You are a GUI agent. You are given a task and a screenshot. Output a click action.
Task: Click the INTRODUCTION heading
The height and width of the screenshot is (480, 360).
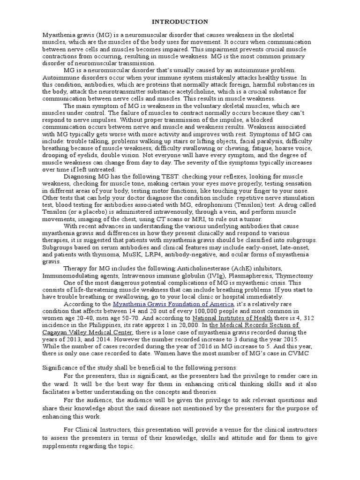(180, 22)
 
